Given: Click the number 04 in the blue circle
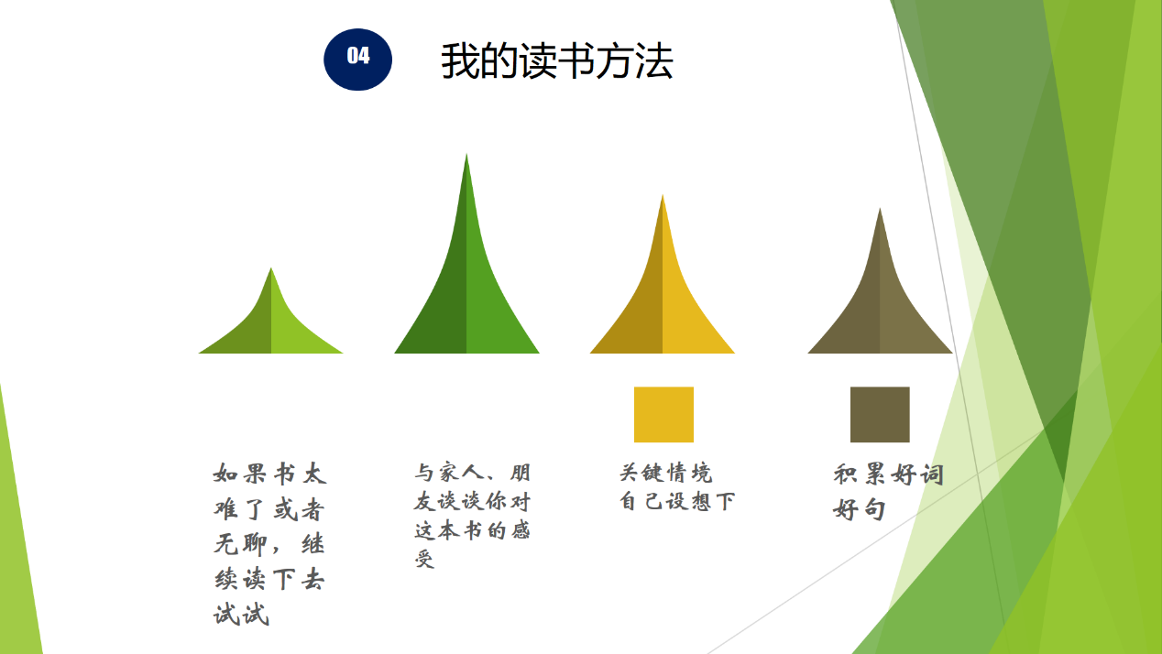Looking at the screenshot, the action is point(358,56).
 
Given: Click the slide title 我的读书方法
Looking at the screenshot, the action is point(557,61).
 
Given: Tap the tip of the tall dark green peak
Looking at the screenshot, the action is point(466,154).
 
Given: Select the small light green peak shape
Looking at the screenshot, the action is point(270,322).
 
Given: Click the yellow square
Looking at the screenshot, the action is point(664,414).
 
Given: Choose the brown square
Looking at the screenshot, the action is point(880,414).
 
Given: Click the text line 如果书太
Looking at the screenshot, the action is point(269,474).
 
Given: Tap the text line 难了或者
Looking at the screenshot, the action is point(269,509).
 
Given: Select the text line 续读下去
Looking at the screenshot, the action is point(269,579).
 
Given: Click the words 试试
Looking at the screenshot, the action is point(241,615).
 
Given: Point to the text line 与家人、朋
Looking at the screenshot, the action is point(472,473).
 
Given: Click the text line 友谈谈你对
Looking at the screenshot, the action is point(472,501).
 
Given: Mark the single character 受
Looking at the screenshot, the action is point(424,559).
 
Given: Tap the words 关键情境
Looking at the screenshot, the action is point(666,473).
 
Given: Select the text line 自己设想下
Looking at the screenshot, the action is point(677,501).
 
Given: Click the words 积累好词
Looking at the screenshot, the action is point(888,474).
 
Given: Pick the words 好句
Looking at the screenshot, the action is point(860,509).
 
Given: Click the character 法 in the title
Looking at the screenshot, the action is point(654,61).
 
